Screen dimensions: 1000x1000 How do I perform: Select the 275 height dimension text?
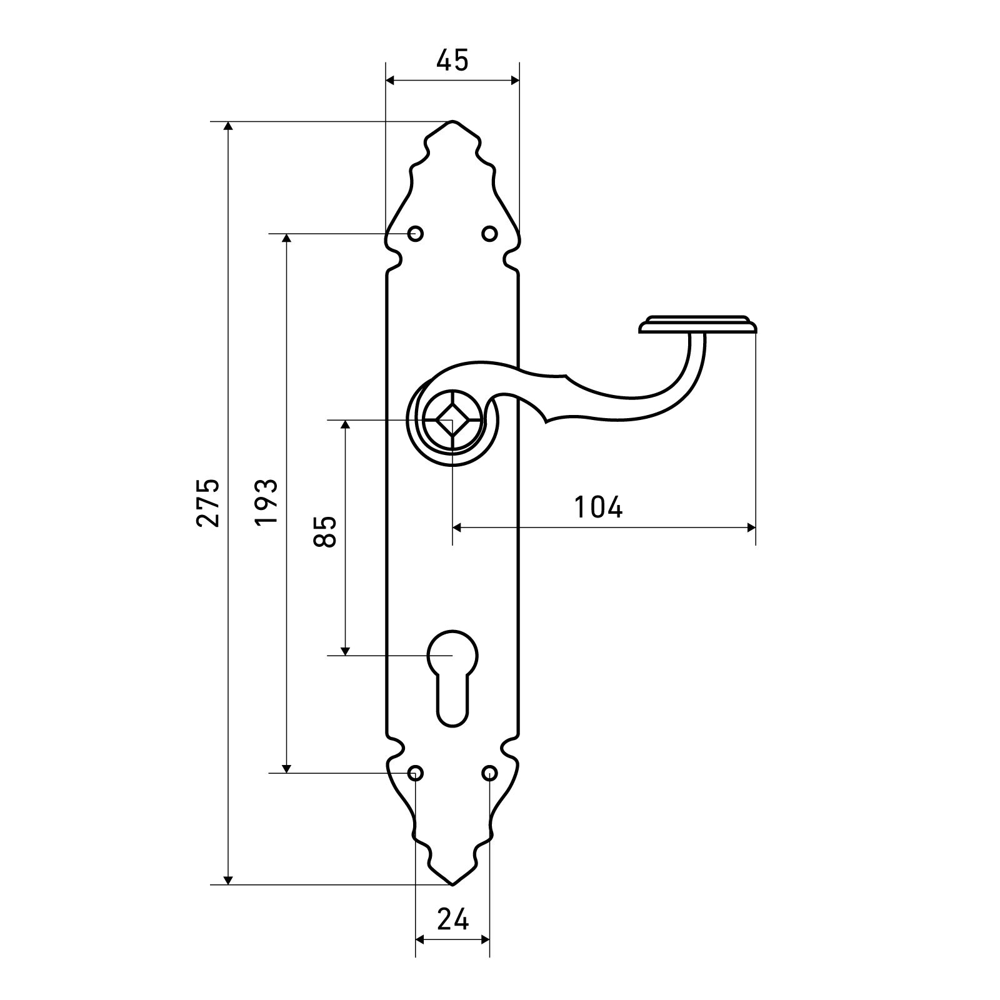[x=208, y=502]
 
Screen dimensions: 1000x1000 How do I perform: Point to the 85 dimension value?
[x=326, y=532]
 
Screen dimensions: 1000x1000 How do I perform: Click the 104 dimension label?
[x=599, y=507]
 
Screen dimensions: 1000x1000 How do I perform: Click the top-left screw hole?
[x=416, y=234]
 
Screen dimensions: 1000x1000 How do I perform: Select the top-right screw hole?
[x=489, y=234]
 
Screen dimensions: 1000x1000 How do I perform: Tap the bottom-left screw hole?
[x=416, y=773]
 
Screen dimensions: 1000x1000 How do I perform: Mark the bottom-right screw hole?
[x=489, y=773]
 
